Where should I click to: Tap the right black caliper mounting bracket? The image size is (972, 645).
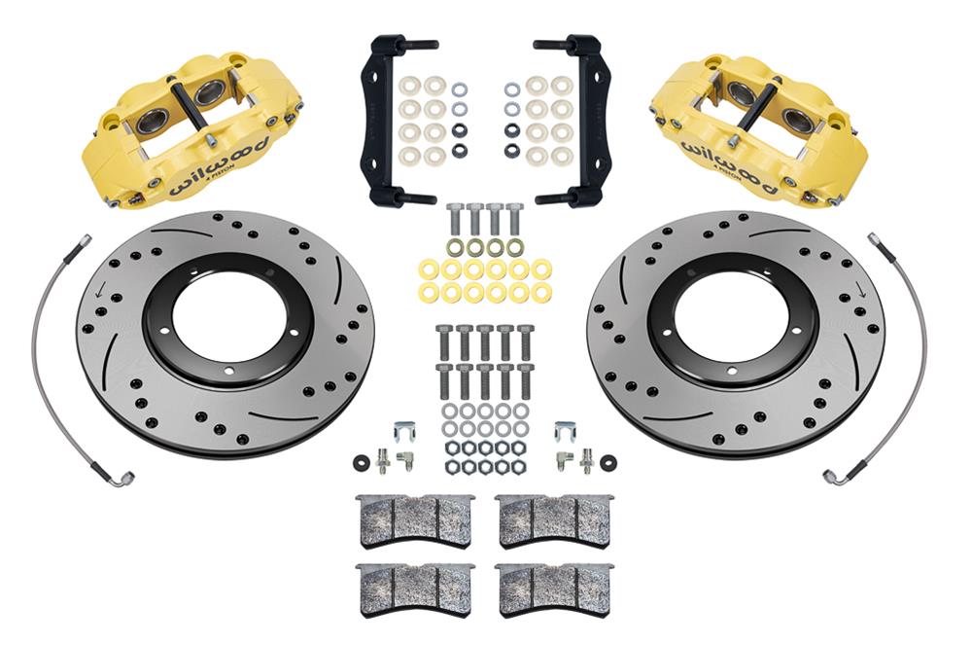click(x=586, y=121)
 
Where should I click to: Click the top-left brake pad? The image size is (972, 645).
click(x=414, y=520)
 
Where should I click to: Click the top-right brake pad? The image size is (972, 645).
click(x=554, y=520)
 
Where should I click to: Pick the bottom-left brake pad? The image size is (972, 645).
click(x=414, y=587)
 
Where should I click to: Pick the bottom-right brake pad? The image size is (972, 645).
click(x=554, y=587)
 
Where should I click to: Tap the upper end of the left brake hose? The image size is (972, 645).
click(x=87, y=239)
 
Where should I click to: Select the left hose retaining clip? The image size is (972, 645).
click(x=406, y=429)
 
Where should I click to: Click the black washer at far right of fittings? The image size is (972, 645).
click(x=608, y=460)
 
